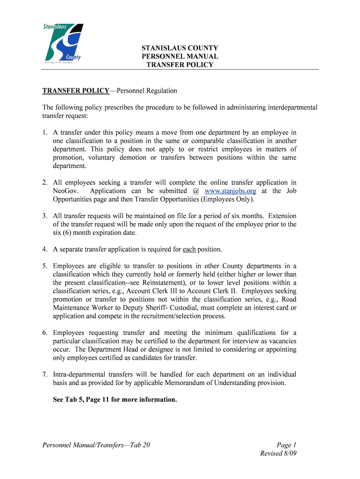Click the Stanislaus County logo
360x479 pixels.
pos(64,43)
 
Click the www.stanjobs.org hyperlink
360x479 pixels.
pos(231,191)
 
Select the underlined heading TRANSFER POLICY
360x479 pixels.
pos(76,90)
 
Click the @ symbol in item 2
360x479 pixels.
pos(196,191)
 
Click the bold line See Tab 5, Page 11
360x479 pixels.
pos(115,399)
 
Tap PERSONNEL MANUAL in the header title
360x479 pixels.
pos(180,57)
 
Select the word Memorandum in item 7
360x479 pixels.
pos(180,383)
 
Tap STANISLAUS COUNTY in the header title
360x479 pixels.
pos(180,48)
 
